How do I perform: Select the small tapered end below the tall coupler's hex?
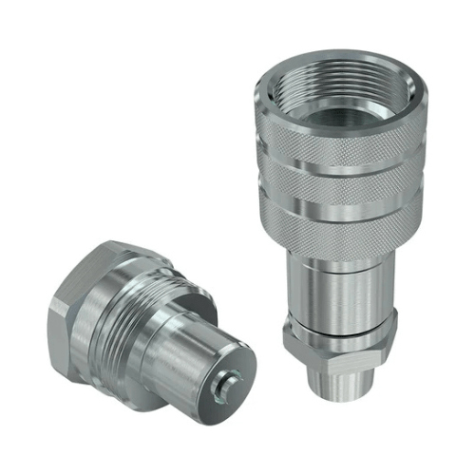(x=336, y=389)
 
